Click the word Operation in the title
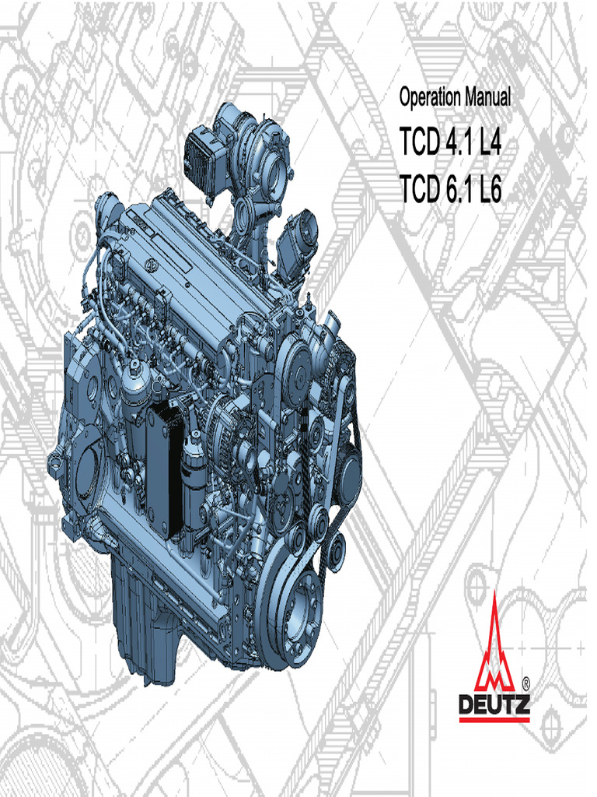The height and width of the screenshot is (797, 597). (430, 99)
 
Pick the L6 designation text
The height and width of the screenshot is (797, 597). (488, 189)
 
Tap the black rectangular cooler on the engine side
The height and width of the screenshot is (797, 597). (166, 467)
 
